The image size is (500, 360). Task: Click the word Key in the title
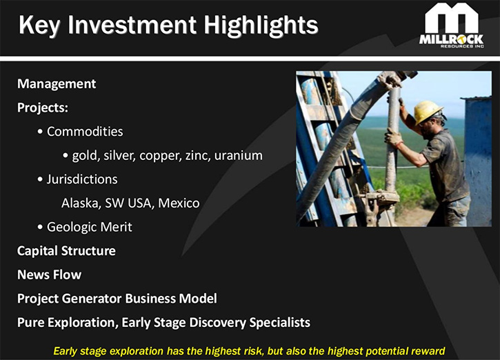[39, 26]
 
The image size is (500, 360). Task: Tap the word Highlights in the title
[261, 26]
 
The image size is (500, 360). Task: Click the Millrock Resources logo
[452, 26]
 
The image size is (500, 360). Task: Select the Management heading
[57, 84]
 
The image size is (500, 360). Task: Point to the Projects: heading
[43, 108]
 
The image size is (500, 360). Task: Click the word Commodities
[85, 131]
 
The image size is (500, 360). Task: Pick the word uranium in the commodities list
[239, 155]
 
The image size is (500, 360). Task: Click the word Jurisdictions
[82, 179]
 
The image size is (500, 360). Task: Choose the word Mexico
[179, 203]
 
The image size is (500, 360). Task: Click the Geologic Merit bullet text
[90, 227]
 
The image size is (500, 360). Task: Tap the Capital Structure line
[66, 251]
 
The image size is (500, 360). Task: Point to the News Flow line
[50, 275]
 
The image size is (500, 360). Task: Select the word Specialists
[280, 322]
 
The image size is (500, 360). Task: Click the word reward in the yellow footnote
[428, 351]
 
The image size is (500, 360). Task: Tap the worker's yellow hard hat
[428, 112]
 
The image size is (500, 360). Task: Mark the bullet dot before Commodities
[40, 132]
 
